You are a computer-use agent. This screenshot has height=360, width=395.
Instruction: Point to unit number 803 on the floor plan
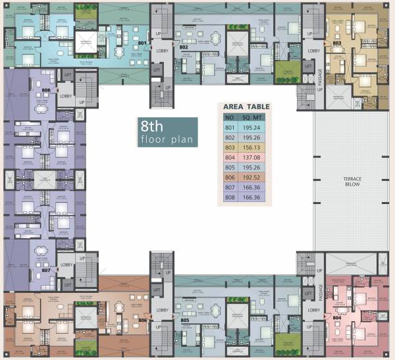pos(336,43)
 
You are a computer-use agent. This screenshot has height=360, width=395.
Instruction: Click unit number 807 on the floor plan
pos(45,270)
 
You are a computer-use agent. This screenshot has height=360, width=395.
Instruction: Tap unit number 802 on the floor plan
pos(184,47)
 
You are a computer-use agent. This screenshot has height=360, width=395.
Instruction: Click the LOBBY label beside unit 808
pos(66,95)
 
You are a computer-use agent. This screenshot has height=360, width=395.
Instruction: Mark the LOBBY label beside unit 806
pos(161,310)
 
